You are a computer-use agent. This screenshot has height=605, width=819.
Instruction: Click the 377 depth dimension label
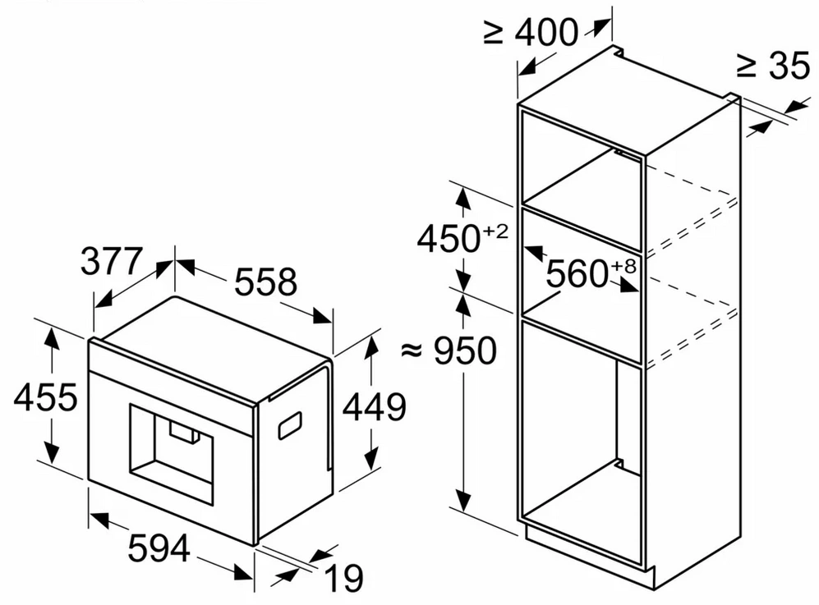pos(111,262)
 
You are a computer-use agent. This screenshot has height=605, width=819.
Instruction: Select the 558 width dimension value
pos(265,282)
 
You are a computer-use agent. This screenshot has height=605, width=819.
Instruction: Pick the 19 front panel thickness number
pos(343,578)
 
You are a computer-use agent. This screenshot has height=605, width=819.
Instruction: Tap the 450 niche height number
pos(449,239)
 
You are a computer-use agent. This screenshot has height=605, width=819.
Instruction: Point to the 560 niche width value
pos(577,273)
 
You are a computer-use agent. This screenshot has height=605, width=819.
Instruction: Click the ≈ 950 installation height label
pos(449,351)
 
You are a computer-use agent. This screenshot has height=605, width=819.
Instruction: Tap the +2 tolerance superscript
pos(495,231)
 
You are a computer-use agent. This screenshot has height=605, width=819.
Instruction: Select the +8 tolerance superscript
pos(623,266)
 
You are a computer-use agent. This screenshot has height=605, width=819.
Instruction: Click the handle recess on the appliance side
pos(290,425)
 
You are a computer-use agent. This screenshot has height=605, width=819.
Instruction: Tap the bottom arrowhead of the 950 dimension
pos(462,500)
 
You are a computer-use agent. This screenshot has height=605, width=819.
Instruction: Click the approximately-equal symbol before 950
pos(411,351)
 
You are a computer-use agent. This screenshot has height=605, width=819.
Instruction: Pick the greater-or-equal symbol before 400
pos(494,32)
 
